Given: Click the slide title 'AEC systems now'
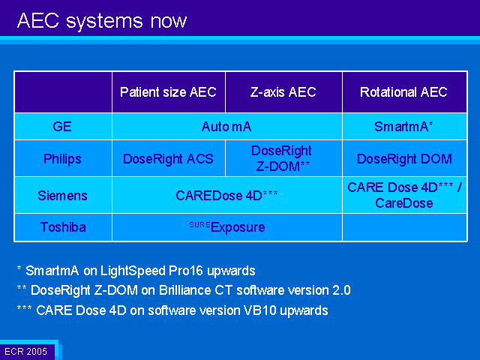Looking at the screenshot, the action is click(x=102, y=21).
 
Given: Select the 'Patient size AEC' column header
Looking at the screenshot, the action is click(x=168, y=91).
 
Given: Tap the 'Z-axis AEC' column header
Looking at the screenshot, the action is click(x=283, y=91).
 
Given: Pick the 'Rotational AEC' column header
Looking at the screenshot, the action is click(x=403, y=91).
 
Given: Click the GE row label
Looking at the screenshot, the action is click(x=62, y=127).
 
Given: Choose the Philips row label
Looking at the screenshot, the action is click(x=62, y=159).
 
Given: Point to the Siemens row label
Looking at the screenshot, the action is click(x=62, y=195).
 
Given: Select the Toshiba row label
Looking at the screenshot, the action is click(x=63, y=227).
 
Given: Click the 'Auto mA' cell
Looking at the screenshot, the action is click(x=226, y=127).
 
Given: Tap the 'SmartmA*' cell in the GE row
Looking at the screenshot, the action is click(x=403, y=127).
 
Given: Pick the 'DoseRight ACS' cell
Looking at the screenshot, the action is click(x=168, y=159).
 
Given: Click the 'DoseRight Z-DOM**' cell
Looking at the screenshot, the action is click(x=282, y=158).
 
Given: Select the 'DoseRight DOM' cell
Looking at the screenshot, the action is click(x=404, y=159).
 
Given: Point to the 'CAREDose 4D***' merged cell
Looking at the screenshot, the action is click(x=226, y=195).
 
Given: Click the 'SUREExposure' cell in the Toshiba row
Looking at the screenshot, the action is click(x=227, y=227).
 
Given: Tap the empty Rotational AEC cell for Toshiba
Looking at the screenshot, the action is click(x=404, y=227).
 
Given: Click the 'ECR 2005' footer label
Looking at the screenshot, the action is click(x=26, y=351).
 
